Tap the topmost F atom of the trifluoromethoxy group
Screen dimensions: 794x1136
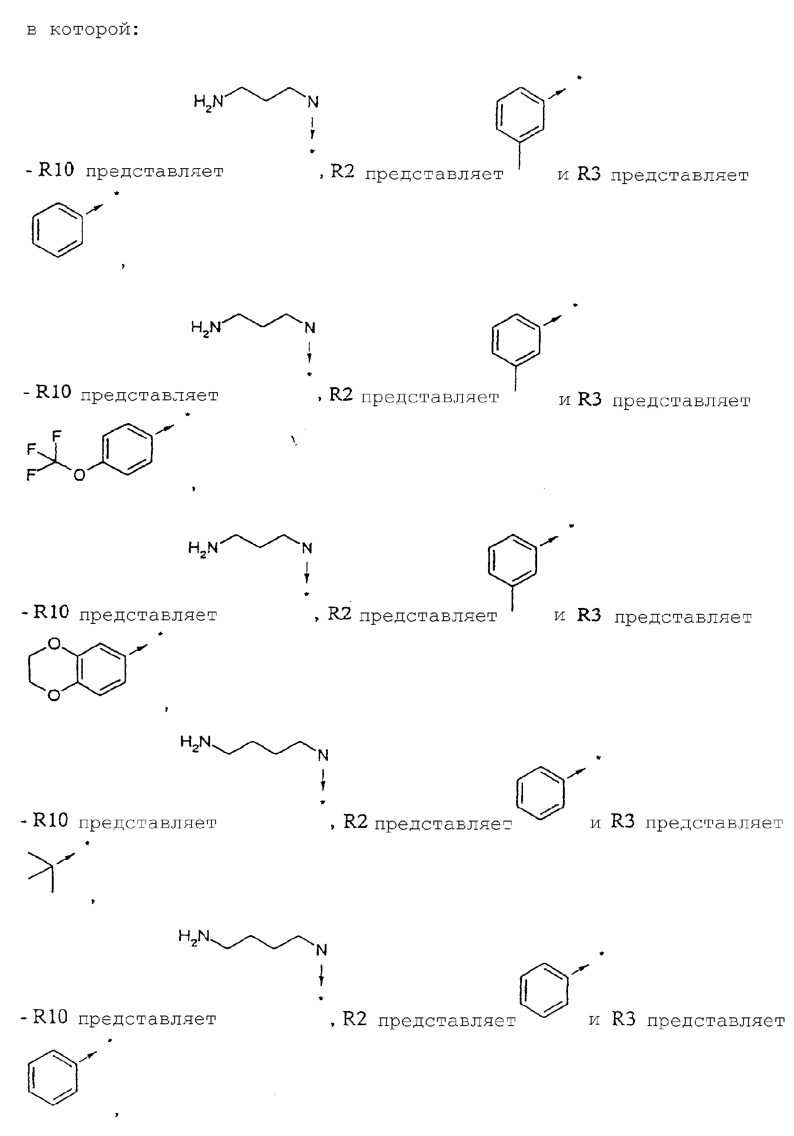pyautogui.click(x=56, y=435)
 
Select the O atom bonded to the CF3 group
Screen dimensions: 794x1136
pyautogui.click(x=79, y=475)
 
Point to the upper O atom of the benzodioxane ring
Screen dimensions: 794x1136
pyautogui.click(x=55, y=644)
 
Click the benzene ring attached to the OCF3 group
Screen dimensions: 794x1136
pyautogui.click(x=127, y=449)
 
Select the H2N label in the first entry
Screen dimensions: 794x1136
pyautogui.click(x=208, y=103)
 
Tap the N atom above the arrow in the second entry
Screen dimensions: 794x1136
pyautogui.click(x=310, y=328)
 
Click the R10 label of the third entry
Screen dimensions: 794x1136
pyautogui.click(x=51, y=612)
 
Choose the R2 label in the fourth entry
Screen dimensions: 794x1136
pyautogui.click(x=356, y=821)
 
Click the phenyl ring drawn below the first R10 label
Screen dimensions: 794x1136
pyautogui.click(x=57, y=229)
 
